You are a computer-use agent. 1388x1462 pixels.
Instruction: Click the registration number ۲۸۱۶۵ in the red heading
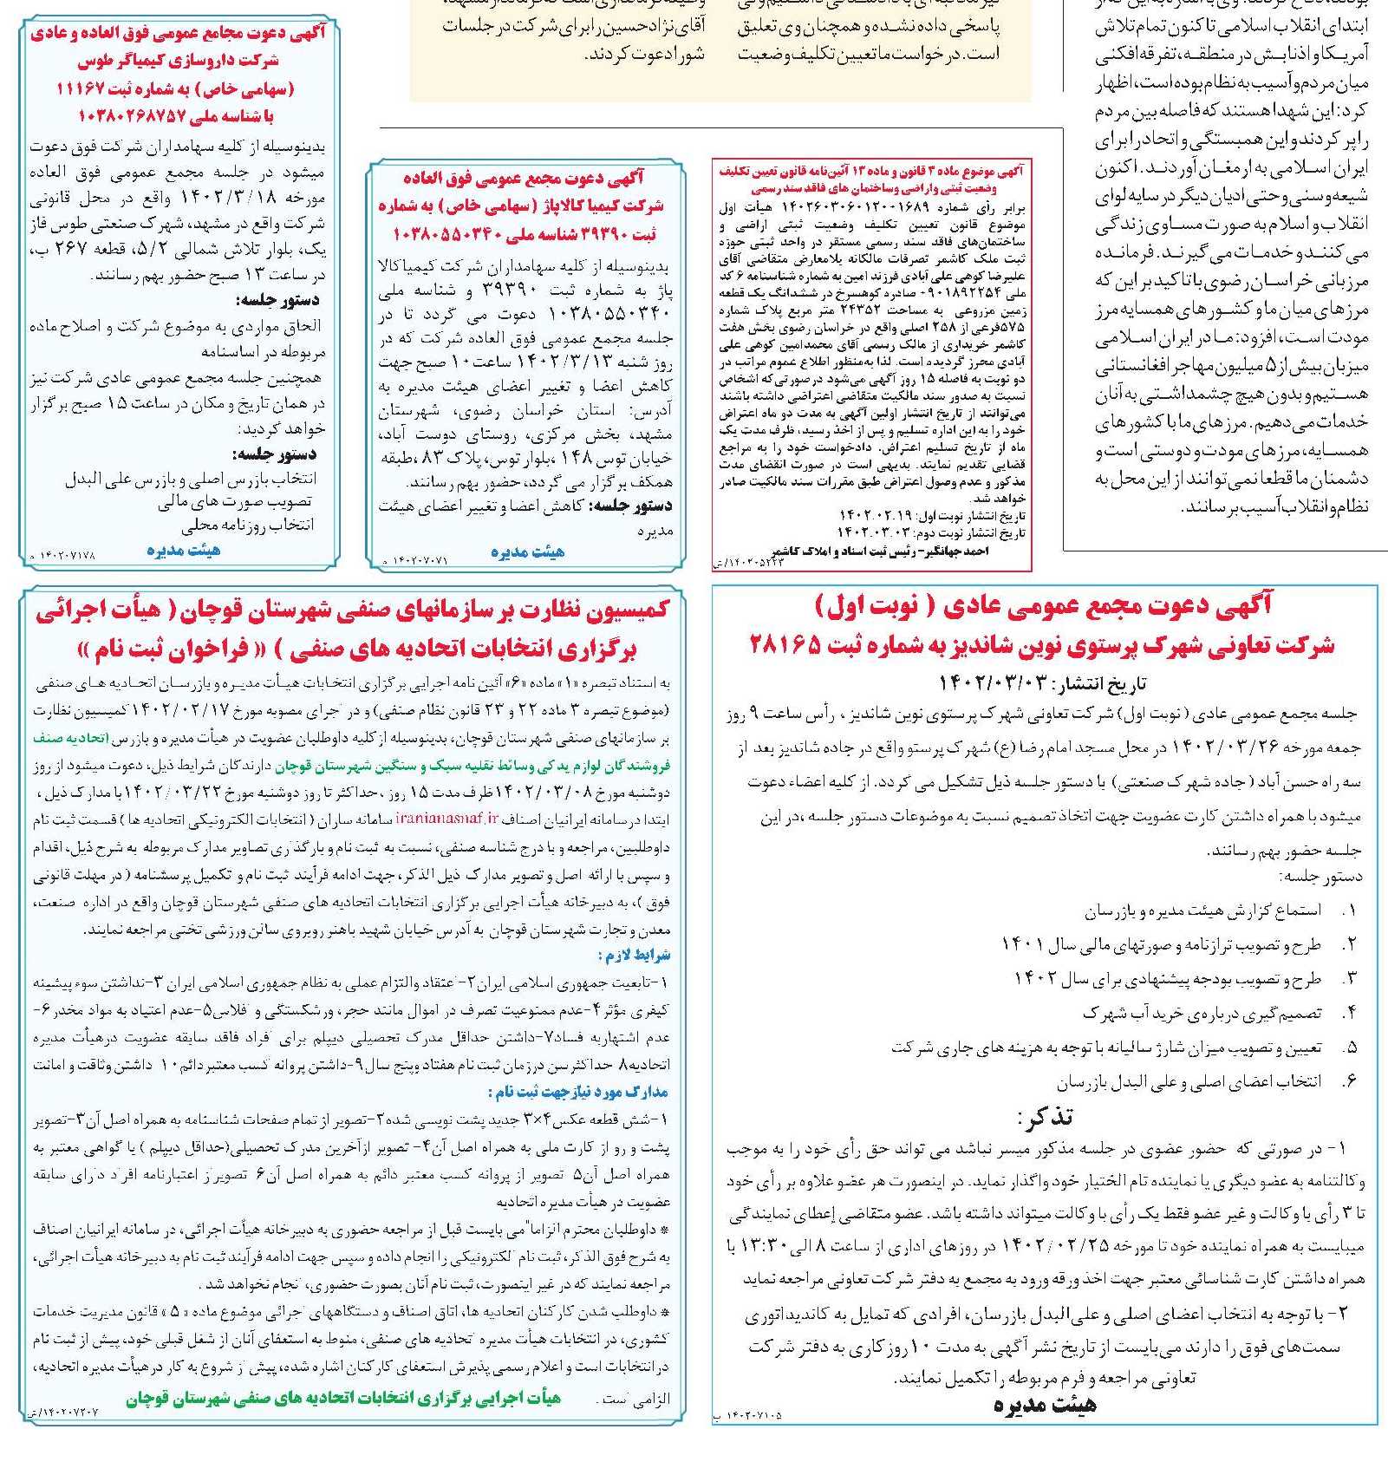785,644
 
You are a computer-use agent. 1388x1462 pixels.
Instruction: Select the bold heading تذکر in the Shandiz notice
1045,1116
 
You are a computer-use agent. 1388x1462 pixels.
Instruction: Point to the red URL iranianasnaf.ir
447,818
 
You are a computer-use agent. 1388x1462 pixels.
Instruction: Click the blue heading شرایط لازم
634,956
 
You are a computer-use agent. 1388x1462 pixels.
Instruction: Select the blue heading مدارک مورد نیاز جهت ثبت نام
578,1092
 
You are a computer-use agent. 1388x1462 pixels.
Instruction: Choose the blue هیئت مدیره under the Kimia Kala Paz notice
527,552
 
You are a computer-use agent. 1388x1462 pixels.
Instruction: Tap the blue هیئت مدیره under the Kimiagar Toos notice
183,550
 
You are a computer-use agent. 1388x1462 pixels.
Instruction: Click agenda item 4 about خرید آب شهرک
1202,1013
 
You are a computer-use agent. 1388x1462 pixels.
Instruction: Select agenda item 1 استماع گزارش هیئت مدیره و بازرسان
1203,910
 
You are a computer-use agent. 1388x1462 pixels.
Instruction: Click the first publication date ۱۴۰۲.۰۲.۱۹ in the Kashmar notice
875,516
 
